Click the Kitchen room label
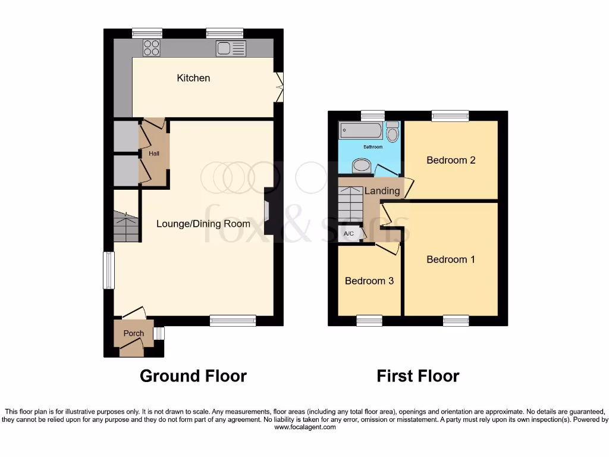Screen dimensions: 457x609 pos(193,78)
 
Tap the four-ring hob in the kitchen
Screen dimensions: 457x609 pos(151,48)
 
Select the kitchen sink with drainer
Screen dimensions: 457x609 pos(231,48)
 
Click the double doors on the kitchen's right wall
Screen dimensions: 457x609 pos(280,87)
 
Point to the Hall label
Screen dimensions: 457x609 pos(154,154)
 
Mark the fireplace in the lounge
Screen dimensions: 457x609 pos(268,211)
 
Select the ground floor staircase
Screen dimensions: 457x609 pos(125,227)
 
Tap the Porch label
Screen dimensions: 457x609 pos(133,333)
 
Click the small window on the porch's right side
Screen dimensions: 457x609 pos(158,333)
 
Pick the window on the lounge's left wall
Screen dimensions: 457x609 pos(108,270)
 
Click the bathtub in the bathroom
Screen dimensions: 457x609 pos(361,131)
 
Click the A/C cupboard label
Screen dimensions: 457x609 pos(349,234)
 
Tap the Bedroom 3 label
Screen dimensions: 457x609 pos(369,281)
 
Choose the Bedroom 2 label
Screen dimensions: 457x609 pos(451,160)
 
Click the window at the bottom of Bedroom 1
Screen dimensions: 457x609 pos(456,321)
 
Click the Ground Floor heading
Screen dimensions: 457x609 pos(193,376)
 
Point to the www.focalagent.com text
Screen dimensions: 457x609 pos(304,427)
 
